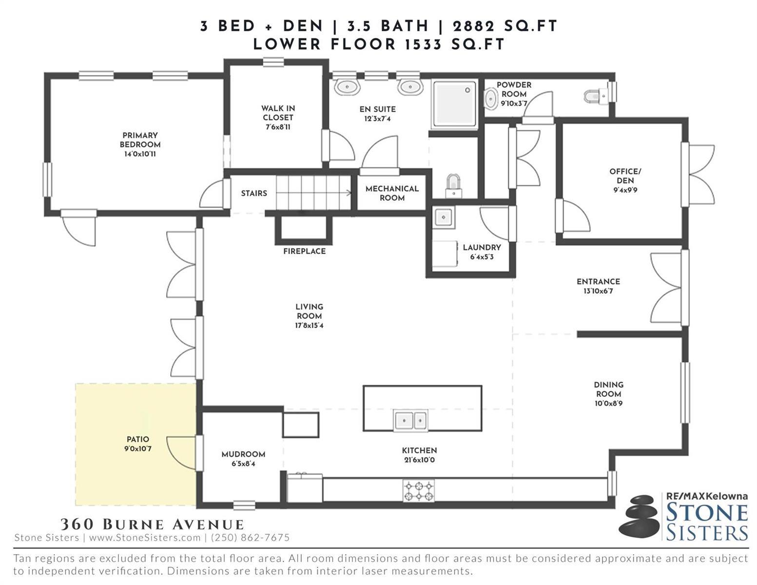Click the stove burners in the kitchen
[418, 490]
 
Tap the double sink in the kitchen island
[410, 420]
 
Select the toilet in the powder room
[596, 96]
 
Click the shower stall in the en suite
[454, 104]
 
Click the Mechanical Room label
[392, 193]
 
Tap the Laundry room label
[482, 247]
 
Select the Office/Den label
[625, 176]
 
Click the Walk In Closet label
[278, 113]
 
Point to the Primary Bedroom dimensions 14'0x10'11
[140, 154]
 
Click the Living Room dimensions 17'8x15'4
[309, 326]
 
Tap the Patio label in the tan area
[137, 439]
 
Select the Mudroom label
[243, 454]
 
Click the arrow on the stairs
[313, 193]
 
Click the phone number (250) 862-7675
[250, 538]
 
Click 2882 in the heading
[473, 26]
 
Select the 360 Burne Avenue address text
[152, 524]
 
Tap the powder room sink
[491, 99]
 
